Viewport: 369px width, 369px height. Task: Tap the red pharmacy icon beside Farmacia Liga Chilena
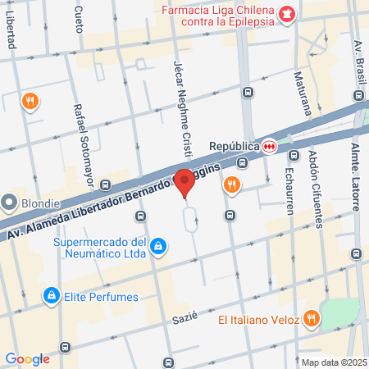(286, 14)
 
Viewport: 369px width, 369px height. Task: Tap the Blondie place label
(41, 203)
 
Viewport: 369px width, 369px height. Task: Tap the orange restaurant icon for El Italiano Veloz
(311, 318)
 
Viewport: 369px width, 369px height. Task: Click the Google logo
(27, 358)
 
